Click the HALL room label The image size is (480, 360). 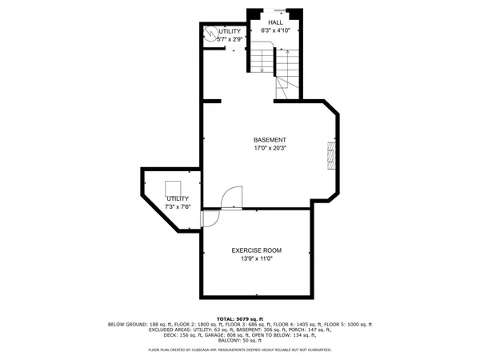coord(275,22)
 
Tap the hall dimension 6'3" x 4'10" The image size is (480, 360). coord(275,30)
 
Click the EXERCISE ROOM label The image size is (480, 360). coord(257,250)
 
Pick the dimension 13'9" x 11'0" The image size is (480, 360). coord(257,258)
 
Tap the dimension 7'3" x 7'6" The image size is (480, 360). coord(178,206)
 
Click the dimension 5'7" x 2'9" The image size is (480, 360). coord(225,38)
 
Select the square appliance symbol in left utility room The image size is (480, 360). coord(174,189)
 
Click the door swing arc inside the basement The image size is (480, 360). coord(232,197)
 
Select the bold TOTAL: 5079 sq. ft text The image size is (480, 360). coord(240,318)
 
